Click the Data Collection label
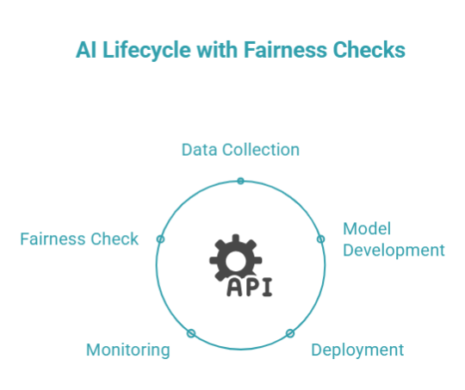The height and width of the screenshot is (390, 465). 240,150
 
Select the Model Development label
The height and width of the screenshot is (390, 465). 394,239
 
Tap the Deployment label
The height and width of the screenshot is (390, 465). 356,350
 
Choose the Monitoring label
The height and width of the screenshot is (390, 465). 127,350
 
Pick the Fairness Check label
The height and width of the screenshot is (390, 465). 79,239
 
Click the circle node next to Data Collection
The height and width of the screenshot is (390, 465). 240,181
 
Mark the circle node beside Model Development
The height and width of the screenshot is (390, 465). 321,238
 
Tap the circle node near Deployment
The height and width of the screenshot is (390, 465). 290,333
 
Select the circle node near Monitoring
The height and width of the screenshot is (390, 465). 191,333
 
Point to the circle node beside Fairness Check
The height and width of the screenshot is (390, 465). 160,238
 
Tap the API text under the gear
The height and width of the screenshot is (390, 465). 249,287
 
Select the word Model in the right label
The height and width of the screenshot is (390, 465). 367,229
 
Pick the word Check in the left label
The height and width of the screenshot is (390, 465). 115,239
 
